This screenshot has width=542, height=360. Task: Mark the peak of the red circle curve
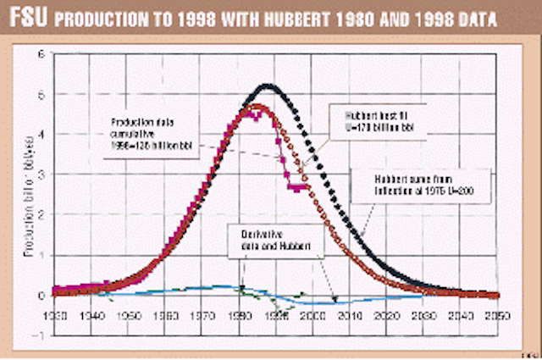point(252,107)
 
